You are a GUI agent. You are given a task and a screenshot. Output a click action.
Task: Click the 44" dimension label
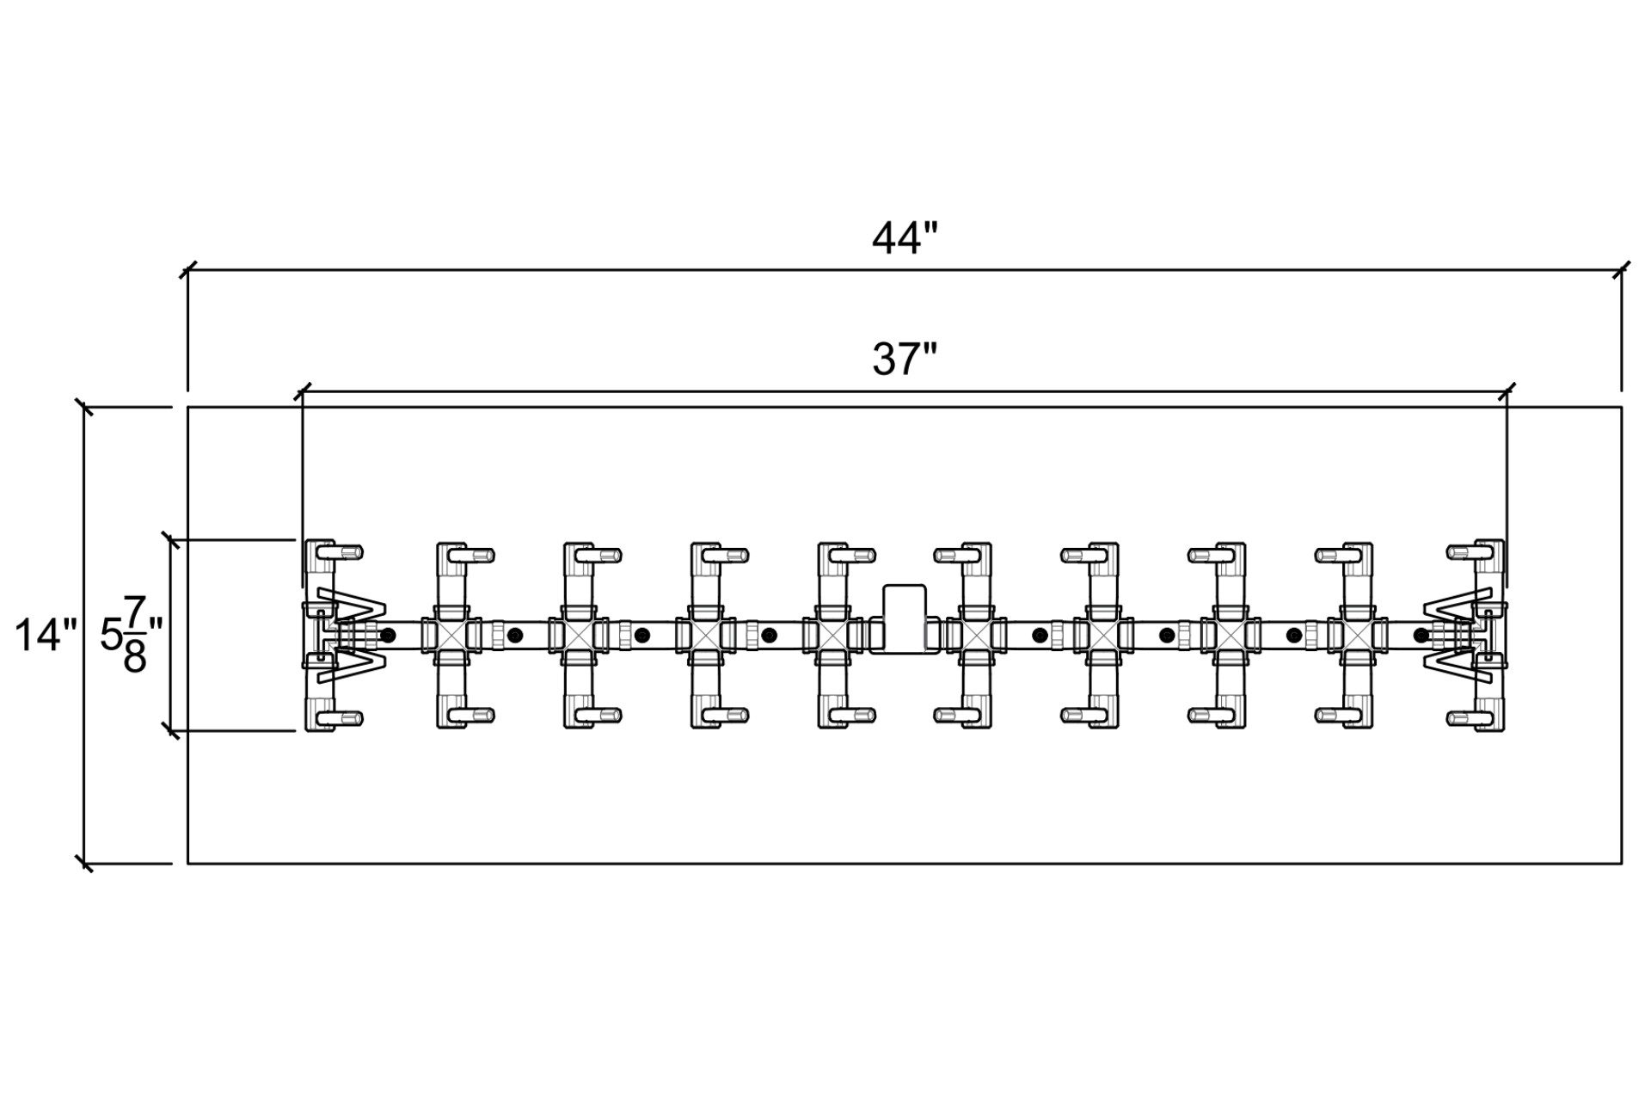903,239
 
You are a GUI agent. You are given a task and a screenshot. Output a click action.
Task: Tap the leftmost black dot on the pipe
389,636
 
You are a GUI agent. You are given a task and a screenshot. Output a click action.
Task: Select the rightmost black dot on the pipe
1421,636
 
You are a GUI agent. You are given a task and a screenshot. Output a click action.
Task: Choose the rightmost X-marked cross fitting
1358,636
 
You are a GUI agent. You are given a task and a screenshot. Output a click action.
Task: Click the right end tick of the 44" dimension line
1622,270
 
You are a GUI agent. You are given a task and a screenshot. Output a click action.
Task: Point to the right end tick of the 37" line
1507,392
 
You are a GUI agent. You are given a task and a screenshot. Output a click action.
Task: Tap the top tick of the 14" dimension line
84,407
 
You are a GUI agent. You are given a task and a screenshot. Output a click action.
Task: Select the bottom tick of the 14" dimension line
84,863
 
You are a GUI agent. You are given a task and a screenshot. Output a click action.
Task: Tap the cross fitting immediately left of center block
833,636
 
